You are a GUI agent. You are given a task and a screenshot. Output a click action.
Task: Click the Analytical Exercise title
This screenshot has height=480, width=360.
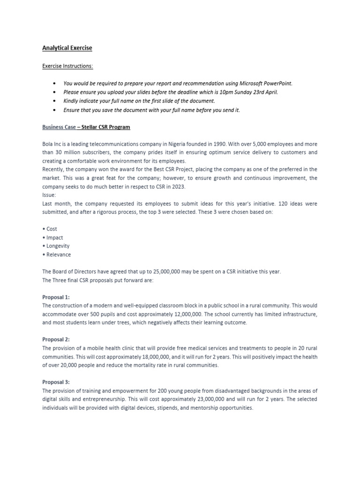point(67,48)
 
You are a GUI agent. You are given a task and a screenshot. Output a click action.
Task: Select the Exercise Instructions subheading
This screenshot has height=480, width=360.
point(67,66)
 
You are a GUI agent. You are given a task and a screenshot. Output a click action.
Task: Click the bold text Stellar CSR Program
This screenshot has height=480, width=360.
point(106,127)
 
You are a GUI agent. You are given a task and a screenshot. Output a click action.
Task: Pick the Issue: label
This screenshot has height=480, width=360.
point(49,195)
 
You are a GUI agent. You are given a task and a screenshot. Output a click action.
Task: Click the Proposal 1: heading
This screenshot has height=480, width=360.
point(56,297)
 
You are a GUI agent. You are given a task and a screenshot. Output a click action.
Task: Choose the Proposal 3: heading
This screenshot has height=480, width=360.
point(56,382)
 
